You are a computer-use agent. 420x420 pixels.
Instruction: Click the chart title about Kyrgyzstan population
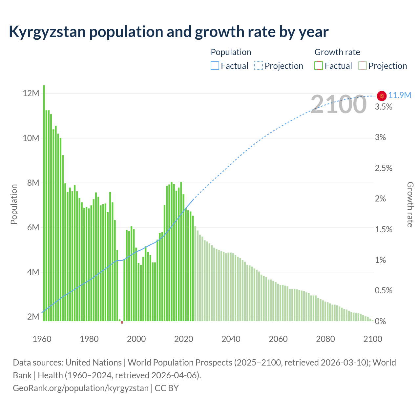click(168, 32)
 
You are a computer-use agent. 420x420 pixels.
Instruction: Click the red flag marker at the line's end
click(382, 96)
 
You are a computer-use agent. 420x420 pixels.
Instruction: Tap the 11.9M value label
click(400, 95)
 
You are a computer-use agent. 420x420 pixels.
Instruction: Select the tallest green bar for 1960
click(44, 203)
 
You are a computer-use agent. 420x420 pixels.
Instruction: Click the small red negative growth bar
click(122, 323)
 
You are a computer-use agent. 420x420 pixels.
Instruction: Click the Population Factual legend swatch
click(215, 66)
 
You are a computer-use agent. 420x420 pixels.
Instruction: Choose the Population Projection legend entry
click(279, 66)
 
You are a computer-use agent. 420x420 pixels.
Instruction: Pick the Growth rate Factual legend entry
click(333, 66)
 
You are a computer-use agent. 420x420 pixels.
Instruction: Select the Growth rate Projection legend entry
click(383, 66)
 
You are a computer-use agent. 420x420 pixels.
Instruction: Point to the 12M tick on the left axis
click(31, 94)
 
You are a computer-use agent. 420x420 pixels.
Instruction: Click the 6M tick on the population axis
click(33, 228)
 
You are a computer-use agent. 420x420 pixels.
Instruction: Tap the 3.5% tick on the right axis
click(384, 107)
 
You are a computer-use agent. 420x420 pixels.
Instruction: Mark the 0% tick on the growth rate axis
click(380, 322)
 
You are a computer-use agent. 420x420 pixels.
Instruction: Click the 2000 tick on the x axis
click(136, 339)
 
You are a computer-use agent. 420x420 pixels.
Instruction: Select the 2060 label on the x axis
click(278, 339)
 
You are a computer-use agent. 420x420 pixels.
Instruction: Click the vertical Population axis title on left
click(14, 204)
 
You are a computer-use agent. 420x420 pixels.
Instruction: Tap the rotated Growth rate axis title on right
click(410, 204)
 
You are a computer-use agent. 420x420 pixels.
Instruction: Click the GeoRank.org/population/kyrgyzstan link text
click(81, 388)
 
